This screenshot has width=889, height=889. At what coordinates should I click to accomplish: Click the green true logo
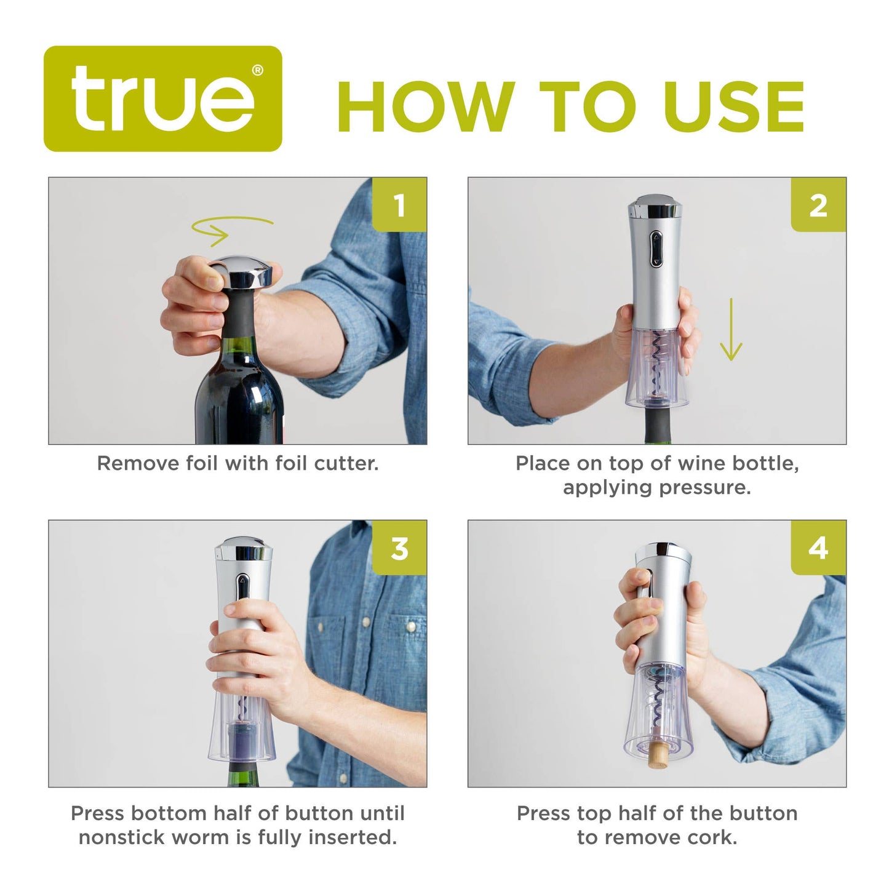(162, 99)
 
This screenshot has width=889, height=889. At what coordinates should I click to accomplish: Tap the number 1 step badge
(399, 205)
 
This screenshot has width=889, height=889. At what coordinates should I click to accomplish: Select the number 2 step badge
(818, 205)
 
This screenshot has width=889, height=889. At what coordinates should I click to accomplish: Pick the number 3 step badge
(399, 548)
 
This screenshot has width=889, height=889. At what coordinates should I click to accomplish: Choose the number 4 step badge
(818, 548)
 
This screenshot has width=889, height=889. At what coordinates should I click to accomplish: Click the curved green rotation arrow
(231, 229)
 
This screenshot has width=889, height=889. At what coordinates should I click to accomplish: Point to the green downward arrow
(731, 330)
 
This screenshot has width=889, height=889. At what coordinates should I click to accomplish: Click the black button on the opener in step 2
(656, 250)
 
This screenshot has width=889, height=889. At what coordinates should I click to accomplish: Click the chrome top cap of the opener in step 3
(244, 549)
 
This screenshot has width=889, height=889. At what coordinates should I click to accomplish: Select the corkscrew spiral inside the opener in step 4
(658, 701)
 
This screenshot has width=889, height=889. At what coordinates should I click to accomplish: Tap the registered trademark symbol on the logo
(257, 70)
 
